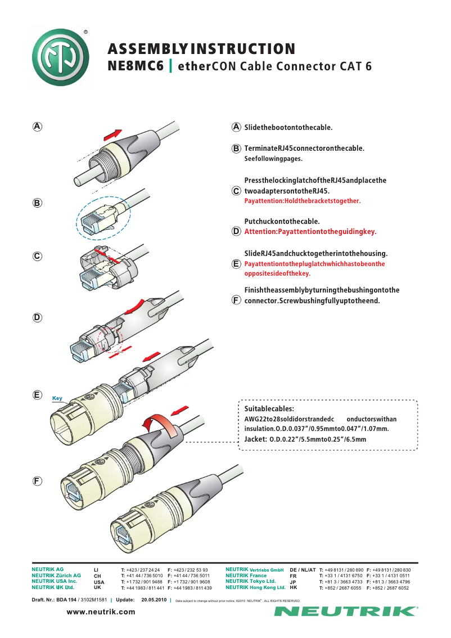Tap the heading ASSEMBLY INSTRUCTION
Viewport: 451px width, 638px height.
click(x=201, y=49)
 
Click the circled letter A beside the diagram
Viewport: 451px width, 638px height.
click(x=37, y=127)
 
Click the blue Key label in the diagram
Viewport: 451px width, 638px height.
click(x=57, y=398)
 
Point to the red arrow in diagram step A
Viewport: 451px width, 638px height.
click(x=112, y=136)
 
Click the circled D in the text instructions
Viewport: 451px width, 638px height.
click(x=237, y=231)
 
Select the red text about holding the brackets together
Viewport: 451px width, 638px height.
click(x=303, y=201)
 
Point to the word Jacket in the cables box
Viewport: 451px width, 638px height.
click(x=255, y=439)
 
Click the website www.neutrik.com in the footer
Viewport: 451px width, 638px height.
click(x=101, y=612)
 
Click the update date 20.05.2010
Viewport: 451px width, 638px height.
click(x=154, y=600)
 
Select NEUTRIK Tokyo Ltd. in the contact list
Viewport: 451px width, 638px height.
click(x=250, y=581)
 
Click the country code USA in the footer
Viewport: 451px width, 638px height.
click(x=98, y=582)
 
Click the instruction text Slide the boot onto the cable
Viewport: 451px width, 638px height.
click(x=288, y=127)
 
